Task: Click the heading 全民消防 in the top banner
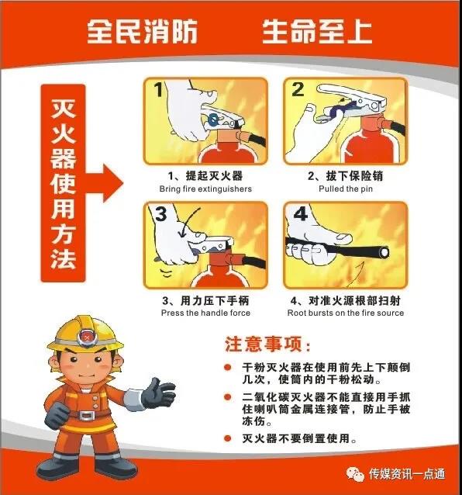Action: click(142, 31)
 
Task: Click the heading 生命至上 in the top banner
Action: click(317, 31)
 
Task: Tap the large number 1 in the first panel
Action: click(159, 90)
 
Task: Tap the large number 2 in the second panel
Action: click(298, 90)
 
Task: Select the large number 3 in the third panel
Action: click(161, 213)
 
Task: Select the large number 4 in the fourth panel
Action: click(300, 213)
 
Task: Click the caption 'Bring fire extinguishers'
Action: click(205, 189)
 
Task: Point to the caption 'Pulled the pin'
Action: click(346, 189)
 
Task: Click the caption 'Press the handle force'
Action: click(205, 313)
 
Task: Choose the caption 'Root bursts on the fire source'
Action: click(346, 313)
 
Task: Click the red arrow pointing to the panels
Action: click(104, 183)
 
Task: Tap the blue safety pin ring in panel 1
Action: click(213, 119)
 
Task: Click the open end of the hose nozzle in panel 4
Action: click(384, 253)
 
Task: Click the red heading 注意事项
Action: click(267, 344)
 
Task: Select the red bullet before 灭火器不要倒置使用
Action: click(227, 438)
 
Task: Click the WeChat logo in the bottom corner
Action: click(355, 474)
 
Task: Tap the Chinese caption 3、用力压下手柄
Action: click(205, 300)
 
